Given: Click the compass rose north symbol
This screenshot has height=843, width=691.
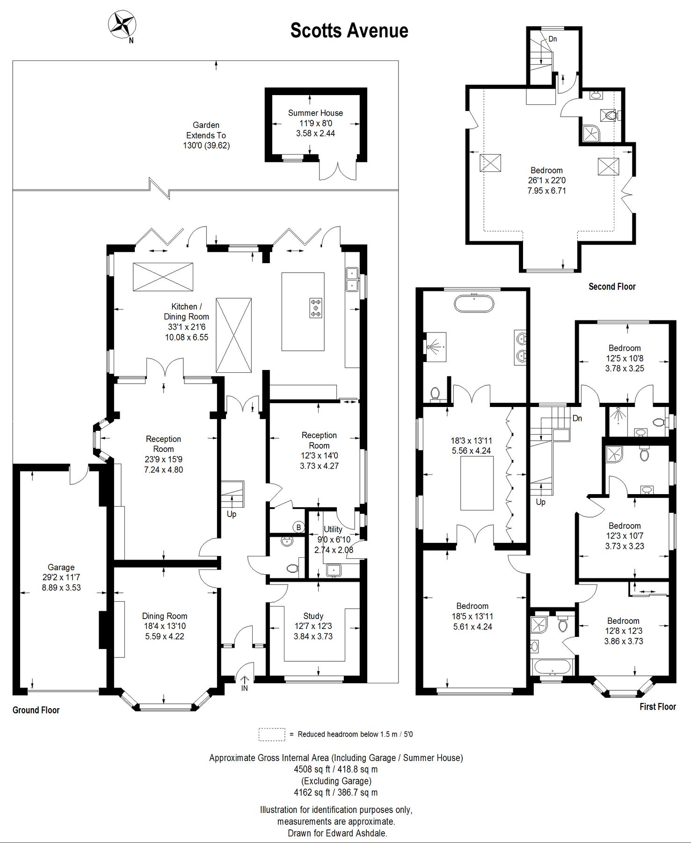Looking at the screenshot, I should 122,24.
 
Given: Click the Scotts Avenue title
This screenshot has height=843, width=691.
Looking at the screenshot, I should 349,30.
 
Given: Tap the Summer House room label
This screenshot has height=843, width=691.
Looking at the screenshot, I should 315,113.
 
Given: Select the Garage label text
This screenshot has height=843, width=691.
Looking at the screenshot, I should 61,567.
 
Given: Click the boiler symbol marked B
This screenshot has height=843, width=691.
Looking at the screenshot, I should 298,527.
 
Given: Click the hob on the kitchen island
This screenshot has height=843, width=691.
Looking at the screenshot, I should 316,308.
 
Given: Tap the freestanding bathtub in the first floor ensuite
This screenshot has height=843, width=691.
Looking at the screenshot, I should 473,303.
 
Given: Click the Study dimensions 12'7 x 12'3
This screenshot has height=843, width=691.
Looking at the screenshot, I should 313,626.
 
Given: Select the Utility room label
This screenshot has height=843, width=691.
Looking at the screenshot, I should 333,529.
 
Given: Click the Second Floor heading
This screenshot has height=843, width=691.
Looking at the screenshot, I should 612,287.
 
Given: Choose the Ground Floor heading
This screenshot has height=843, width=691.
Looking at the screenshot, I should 36,710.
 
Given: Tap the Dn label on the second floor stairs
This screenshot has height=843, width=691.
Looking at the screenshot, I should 553,39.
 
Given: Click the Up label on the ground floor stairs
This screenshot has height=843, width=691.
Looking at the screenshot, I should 232,514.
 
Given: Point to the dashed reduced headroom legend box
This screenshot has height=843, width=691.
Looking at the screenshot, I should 271,734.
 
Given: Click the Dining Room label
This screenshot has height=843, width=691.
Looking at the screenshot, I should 164,616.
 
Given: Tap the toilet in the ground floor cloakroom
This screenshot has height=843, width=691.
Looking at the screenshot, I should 292,569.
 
